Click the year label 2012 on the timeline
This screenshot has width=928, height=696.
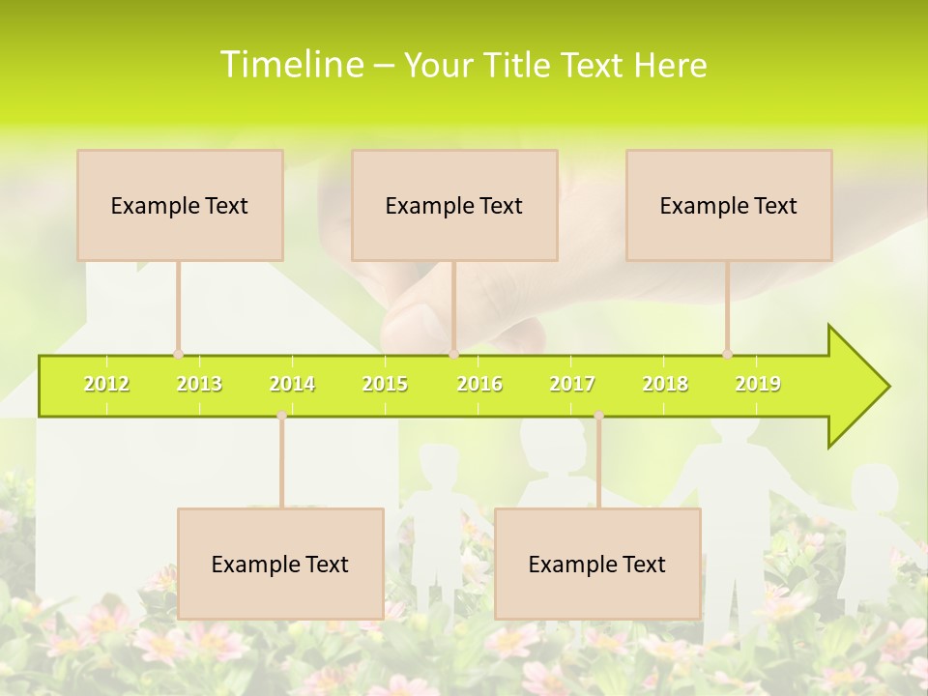point(106,385)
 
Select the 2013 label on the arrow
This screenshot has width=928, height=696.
point(199,385)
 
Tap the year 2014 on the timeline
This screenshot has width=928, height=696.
point(292,385)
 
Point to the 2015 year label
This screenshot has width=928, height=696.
point(385,385)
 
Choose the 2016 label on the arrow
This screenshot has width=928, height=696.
point(479,385)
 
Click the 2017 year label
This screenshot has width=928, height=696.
point(572,385)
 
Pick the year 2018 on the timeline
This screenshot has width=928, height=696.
point(665,385)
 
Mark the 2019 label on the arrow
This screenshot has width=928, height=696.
point(758,385)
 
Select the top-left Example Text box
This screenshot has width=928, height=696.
point(180,205)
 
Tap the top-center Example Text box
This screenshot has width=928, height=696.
point(454,205)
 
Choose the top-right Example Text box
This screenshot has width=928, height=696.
point(729,205)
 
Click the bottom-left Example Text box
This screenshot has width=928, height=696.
point(280,564)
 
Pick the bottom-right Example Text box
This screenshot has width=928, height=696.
point(597,564)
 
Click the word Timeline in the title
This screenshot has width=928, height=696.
point(290,65)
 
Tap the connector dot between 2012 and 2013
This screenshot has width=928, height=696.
point(178,355)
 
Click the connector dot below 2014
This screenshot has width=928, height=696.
point(281,416)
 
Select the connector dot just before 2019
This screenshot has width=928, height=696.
point(727,355)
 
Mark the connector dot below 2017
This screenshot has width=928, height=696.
point(598,416)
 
